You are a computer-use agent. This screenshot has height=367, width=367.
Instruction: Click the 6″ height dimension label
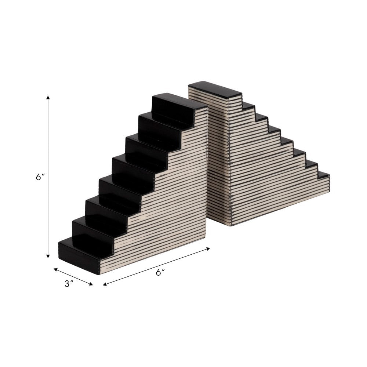(40, 177)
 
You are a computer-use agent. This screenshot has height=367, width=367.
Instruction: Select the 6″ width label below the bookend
(160, 272)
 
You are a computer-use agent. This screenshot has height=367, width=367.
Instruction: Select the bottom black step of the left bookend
(81, 253)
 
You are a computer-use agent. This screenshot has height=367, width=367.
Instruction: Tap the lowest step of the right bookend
(323, 175)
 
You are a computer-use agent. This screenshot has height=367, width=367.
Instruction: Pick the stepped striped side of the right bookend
(272, 176)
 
